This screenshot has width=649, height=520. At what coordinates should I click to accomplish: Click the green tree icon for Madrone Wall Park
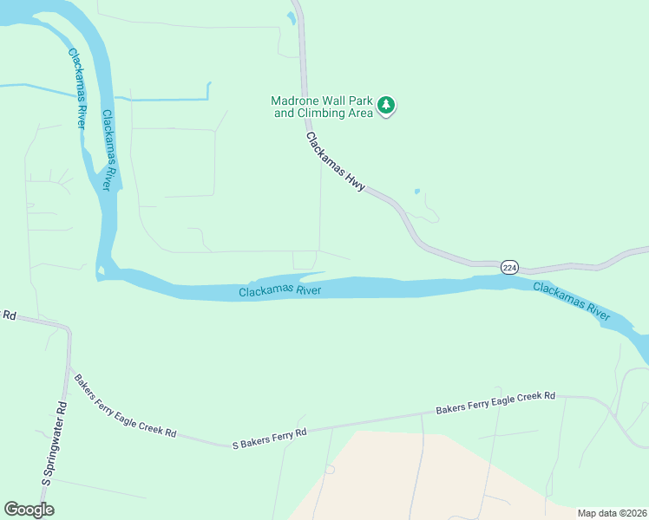[386, 107]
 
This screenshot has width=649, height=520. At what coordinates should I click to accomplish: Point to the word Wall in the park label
[331, 101]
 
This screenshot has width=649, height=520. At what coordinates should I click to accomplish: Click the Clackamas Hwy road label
[336, 162]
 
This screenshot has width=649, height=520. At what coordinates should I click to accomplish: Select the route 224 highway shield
[509, 269]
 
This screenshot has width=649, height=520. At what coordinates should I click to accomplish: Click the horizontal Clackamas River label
[280, 291]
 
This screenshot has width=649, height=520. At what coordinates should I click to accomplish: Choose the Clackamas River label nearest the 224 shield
[571, 300]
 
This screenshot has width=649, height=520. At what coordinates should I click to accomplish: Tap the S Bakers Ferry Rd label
[270, 438]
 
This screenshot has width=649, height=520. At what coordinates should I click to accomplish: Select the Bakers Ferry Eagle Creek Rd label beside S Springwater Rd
[125, 406]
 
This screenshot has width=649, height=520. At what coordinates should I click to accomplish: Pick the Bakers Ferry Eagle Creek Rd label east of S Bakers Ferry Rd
[495, 402]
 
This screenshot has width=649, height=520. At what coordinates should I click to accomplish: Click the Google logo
[29, 510]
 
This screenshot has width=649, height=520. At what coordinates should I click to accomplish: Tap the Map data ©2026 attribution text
[612, 513]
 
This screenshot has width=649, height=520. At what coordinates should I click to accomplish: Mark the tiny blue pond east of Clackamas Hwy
[417, 191]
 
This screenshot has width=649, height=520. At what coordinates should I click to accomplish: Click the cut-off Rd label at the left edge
[9, 315]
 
